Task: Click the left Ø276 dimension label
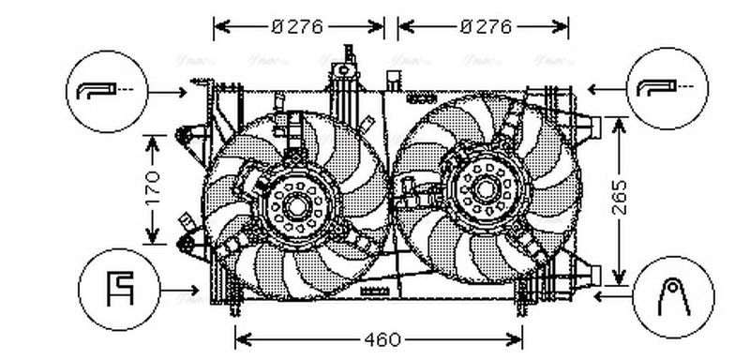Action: (298, 27)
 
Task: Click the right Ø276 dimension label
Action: (486, 27)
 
